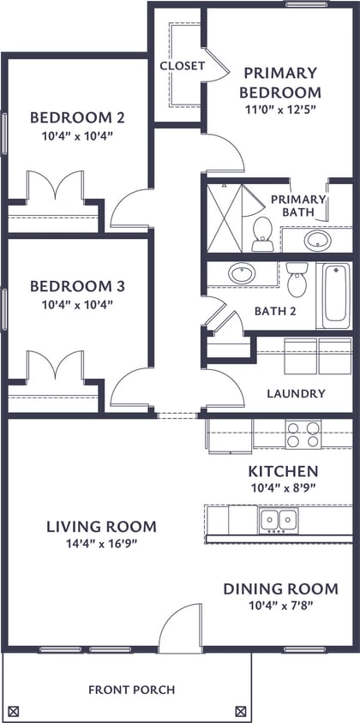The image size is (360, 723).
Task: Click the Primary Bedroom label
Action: coord(279,83)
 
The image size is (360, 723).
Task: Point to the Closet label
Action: coord(182,66)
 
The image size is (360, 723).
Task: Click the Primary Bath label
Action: coord(298,206)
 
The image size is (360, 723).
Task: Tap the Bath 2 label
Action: coord(275,310)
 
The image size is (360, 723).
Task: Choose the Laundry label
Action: coord(296,394)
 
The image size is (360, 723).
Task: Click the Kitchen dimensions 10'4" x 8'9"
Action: coord(283,487)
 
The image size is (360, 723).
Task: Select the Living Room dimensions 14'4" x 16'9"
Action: coord(101,543)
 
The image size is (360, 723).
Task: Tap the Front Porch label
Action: coord(131,690)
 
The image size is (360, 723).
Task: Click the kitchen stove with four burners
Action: coord(303,434)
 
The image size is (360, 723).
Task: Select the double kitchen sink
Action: coord(278,520)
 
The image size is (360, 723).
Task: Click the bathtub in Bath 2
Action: coord(335,295)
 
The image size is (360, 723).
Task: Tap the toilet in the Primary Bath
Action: coord(262,232)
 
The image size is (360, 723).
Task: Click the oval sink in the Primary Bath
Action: coord(317,239)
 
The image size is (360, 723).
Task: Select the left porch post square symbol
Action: coord(13,710)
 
